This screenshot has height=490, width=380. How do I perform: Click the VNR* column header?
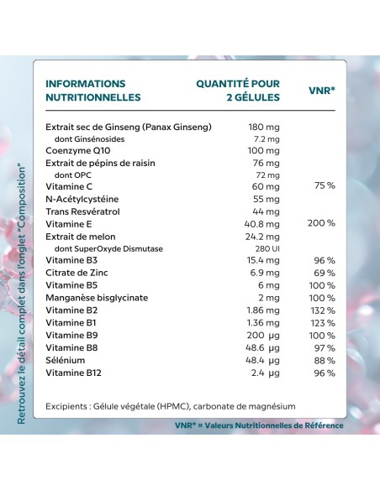pyautogui.click(x=324, y=89)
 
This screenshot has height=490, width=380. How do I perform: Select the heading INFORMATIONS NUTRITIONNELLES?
pyautogui.click(x=92, y=90)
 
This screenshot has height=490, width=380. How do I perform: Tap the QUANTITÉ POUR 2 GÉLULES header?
pyautogui.click(x=238, y=90)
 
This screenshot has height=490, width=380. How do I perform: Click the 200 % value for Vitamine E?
pyautogui.click(x=321, y=223)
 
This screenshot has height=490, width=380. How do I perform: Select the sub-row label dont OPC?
pyautogui.click(x=71, y=174)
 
